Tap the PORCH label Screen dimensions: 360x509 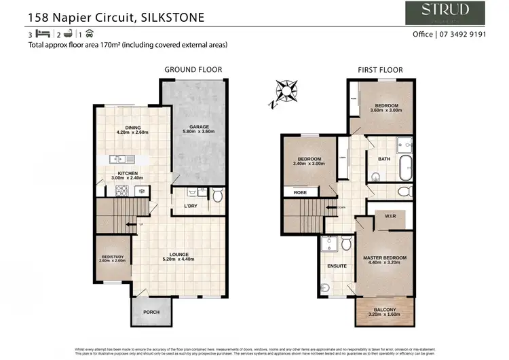pyautogui.click(x=152, y=312)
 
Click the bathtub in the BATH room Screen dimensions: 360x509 pyautogui.click(x=405, y=164)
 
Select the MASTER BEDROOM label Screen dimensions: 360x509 pyautogui.click(x=384, y=257)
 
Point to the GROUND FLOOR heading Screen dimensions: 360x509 pyautogui.click(x=193, y=69)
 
